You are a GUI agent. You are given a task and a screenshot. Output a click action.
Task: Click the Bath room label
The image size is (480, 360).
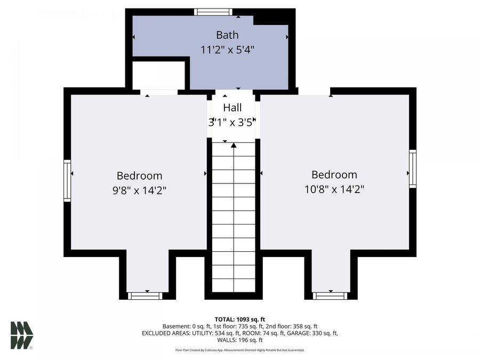coord(227,35)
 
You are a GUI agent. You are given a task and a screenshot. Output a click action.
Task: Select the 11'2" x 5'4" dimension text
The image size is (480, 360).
coord(227,50)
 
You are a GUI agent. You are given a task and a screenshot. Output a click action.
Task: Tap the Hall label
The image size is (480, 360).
coord(233,107)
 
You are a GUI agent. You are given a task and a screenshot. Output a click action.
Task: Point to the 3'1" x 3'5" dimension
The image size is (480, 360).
coord(232,123)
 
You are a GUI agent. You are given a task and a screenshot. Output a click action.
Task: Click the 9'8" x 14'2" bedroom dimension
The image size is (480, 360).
coord(140,190)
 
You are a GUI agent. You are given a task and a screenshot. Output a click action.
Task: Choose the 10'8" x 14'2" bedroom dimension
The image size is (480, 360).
coord(334,189)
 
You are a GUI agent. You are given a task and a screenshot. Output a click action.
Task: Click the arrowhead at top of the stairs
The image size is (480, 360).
coord(234,145)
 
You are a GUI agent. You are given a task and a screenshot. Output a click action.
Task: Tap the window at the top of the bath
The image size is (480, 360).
coord(213,12)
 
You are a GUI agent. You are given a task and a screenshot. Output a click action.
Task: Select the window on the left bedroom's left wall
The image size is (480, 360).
coord(67,181)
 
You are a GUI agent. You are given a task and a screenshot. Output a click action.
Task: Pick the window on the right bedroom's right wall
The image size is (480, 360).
coord(413,169)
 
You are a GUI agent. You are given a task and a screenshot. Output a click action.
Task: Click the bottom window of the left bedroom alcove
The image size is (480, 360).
coord(145,296)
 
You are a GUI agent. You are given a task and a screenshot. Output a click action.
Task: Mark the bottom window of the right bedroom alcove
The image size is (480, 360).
coord(330,296)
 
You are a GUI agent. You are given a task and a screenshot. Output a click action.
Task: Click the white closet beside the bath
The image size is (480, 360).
coord(158,75)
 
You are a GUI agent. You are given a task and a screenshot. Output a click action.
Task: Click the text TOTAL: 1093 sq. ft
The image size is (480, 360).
coord(240,319)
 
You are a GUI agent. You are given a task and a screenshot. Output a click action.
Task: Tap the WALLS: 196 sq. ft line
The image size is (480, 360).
coord(240,340)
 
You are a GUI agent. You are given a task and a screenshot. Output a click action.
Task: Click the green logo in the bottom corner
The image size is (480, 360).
coord(22,335)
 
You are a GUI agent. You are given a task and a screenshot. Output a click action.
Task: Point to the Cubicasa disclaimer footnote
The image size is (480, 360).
coord(240,350)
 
